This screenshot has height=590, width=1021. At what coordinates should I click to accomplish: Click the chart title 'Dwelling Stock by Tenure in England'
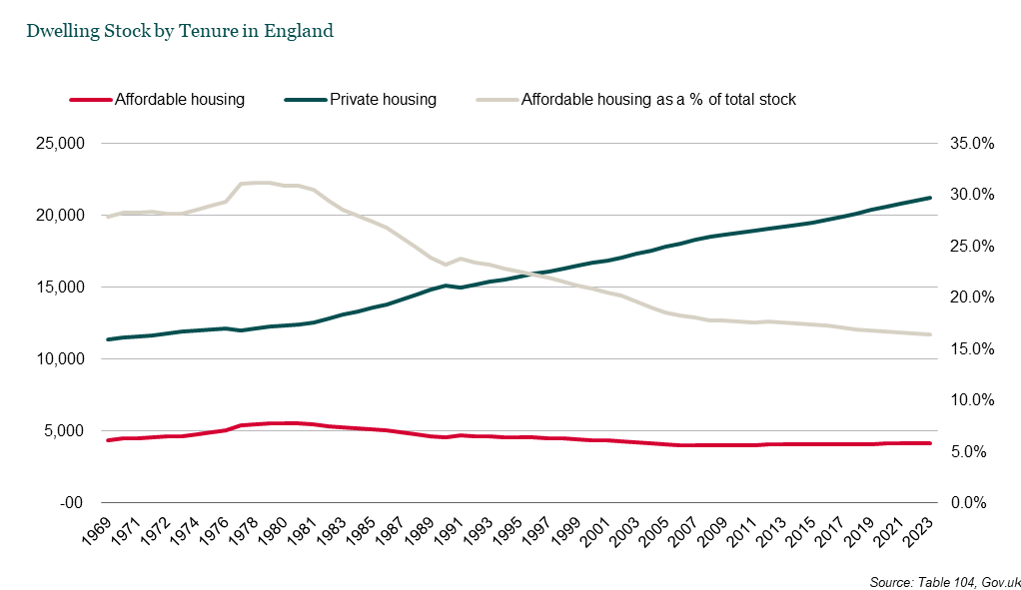point(180,31)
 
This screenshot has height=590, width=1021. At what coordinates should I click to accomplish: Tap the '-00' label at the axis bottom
point(73,503)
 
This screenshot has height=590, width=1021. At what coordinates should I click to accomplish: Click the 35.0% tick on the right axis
point(968,144)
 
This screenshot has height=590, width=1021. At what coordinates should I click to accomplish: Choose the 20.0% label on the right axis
point(968,297)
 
